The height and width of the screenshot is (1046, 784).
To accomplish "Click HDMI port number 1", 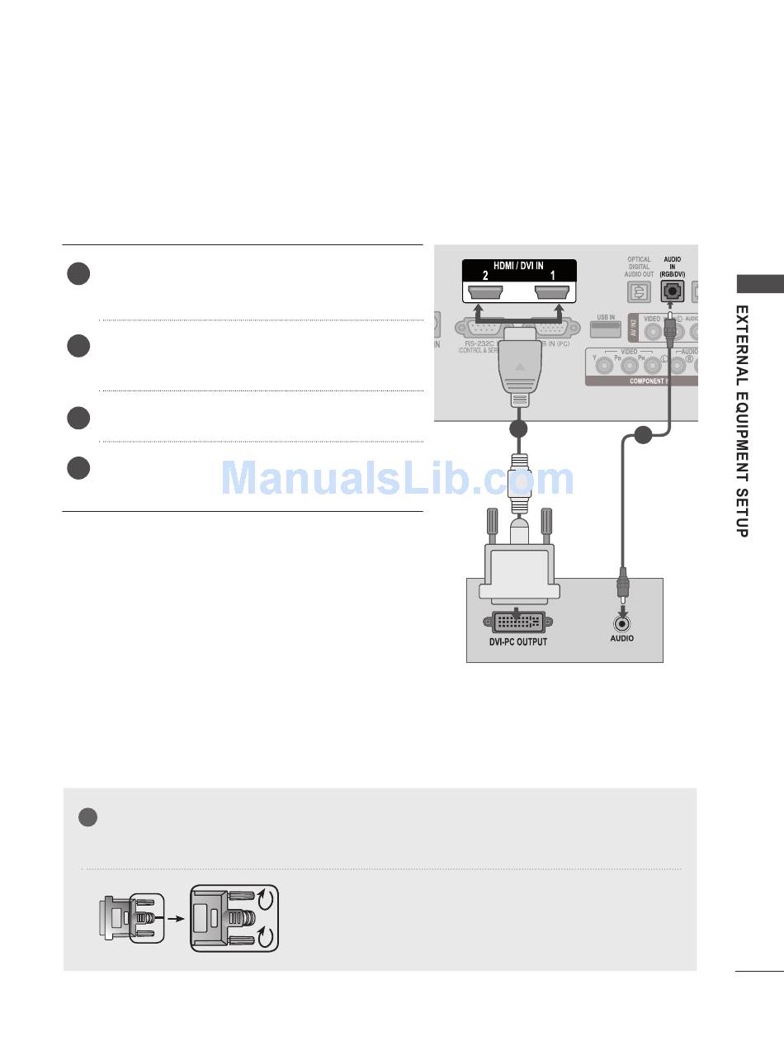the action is coord(552,293).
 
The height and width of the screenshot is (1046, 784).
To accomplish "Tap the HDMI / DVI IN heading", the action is coord(518,267).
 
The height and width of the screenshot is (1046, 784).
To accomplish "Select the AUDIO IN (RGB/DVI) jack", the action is coord(671,291).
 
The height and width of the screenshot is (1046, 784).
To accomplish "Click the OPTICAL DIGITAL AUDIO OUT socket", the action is coord(638,291).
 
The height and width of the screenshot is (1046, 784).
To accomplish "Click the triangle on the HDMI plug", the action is coord(518,365).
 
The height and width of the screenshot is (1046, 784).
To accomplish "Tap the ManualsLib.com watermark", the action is coord(398,478).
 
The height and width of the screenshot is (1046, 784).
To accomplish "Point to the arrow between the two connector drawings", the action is coord(176,917).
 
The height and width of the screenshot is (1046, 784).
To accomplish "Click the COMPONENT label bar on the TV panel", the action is coord(648,381).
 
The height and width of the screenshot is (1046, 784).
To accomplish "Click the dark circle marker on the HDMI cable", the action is coord(518,429).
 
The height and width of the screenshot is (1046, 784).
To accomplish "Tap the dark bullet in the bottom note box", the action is coord(88,817).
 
